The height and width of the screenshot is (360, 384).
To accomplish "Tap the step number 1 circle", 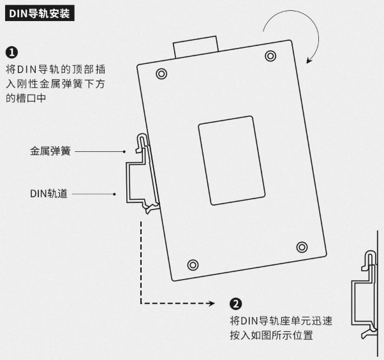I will point(11,52).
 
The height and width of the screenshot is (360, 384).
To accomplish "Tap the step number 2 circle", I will point(235,303).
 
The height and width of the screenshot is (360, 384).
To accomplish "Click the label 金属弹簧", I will point(50,151).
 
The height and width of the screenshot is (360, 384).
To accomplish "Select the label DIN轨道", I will point(50,193).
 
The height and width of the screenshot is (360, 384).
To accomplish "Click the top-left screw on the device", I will point(161,73).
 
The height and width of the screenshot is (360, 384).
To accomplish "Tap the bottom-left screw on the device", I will point(193,264).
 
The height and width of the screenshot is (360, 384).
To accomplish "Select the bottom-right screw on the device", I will point(302,246).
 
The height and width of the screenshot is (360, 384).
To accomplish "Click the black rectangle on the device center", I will point(232,160).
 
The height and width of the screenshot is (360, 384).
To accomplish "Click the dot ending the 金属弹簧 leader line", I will point(125,151).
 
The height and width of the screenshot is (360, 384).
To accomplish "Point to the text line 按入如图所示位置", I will point(271,336).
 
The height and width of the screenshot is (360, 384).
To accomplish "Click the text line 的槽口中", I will point(26,98).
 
